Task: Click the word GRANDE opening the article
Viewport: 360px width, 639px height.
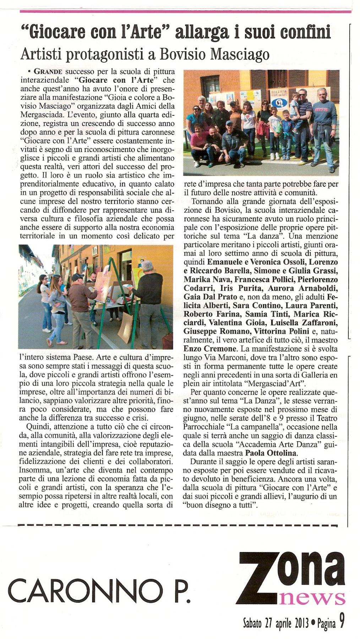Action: pyautogui.click(x=48, y=71)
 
